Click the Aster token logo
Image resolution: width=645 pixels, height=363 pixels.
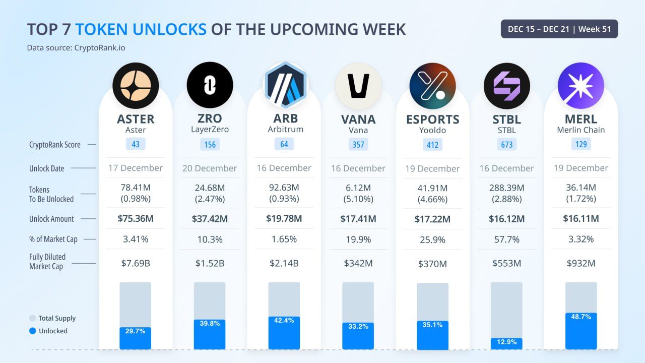click(136, 86)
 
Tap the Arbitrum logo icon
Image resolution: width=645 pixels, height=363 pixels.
click(285, 85)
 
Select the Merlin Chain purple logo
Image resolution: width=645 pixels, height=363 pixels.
click(580, 86)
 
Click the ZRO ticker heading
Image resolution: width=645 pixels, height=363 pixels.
click(210, 118)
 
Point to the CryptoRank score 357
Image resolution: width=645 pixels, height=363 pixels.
click(358, 145)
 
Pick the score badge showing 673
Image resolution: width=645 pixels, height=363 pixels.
click(506, 145)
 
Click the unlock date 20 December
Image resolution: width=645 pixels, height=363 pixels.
click(210, 168)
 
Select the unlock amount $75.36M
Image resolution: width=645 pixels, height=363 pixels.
click(136, 219)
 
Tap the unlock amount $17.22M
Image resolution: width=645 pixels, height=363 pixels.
click(432, 219)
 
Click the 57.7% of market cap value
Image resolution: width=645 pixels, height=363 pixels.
click(506, 239)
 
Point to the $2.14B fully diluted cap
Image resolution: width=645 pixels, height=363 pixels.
click(284, 263)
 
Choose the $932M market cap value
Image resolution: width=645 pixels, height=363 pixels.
click(580, 263)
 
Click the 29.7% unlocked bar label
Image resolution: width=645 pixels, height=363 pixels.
click(136, 331)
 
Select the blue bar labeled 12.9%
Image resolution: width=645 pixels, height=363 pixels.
click(506, 343)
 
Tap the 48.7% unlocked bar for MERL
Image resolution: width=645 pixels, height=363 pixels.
click(580, 331)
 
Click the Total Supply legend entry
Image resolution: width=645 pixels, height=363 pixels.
click(52, 318)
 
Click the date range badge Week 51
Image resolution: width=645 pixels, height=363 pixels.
click(559, 29)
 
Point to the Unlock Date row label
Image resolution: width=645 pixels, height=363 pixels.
click(47, 168)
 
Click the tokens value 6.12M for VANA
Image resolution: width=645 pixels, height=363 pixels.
click(358, 188)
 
